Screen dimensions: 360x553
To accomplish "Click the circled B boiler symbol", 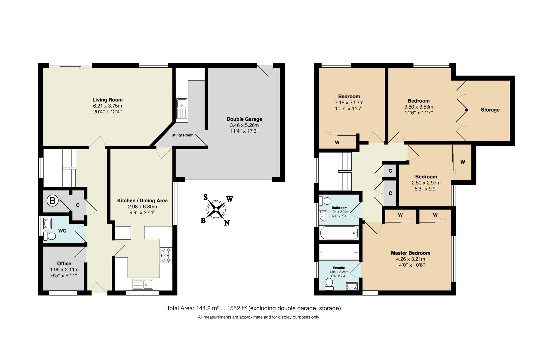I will point(52,201).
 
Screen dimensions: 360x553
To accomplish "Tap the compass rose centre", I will point(216,210).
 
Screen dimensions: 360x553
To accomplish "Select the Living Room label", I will point(107,100).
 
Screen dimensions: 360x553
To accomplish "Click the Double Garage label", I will point(244,119).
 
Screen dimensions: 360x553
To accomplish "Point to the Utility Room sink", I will point(182,109).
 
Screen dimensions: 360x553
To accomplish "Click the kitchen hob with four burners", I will point(166,255).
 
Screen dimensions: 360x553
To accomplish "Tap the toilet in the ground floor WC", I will point(50,236).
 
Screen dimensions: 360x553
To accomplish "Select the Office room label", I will point(64,263).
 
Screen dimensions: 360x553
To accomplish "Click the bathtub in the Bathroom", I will point(339,233).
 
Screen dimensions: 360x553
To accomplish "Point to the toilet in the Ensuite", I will point(329,284).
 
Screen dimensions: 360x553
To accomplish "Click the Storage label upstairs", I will point(490,110).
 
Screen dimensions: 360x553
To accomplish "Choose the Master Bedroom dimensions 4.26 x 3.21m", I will point(410,259).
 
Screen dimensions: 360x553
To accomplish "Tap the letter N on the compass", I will point(227,223).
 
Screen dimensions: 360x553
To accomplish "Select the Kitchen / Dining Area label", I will point(142,201).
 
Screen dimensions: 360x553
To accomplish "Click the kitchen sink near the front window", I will point(143,284).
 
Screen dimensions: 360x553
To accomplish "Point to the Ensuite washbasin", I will point(352,286).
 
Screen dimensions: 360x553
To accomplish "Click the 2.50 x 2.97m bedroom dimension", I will point(426,183).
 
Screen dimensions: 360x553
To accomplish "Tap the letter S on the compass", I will point(206,197).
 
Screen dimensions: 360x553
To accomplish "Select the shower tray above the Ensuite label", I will point(339,252).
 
